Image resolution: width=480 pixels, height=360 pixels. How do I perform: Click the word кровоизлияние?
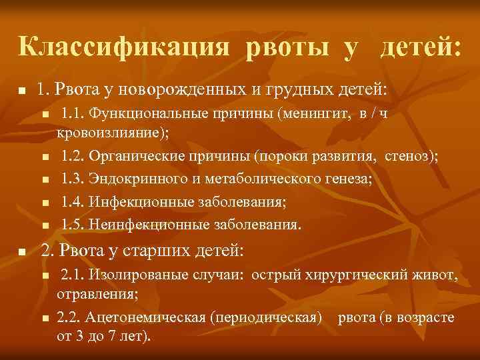[x=112, y=133]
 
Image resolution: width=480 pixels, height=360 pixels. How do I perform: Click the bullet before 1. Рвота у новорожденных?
[x=22, y=90]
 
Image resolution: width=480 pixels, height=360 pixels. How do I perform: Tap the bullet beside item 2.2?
[x=45, y=319]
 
